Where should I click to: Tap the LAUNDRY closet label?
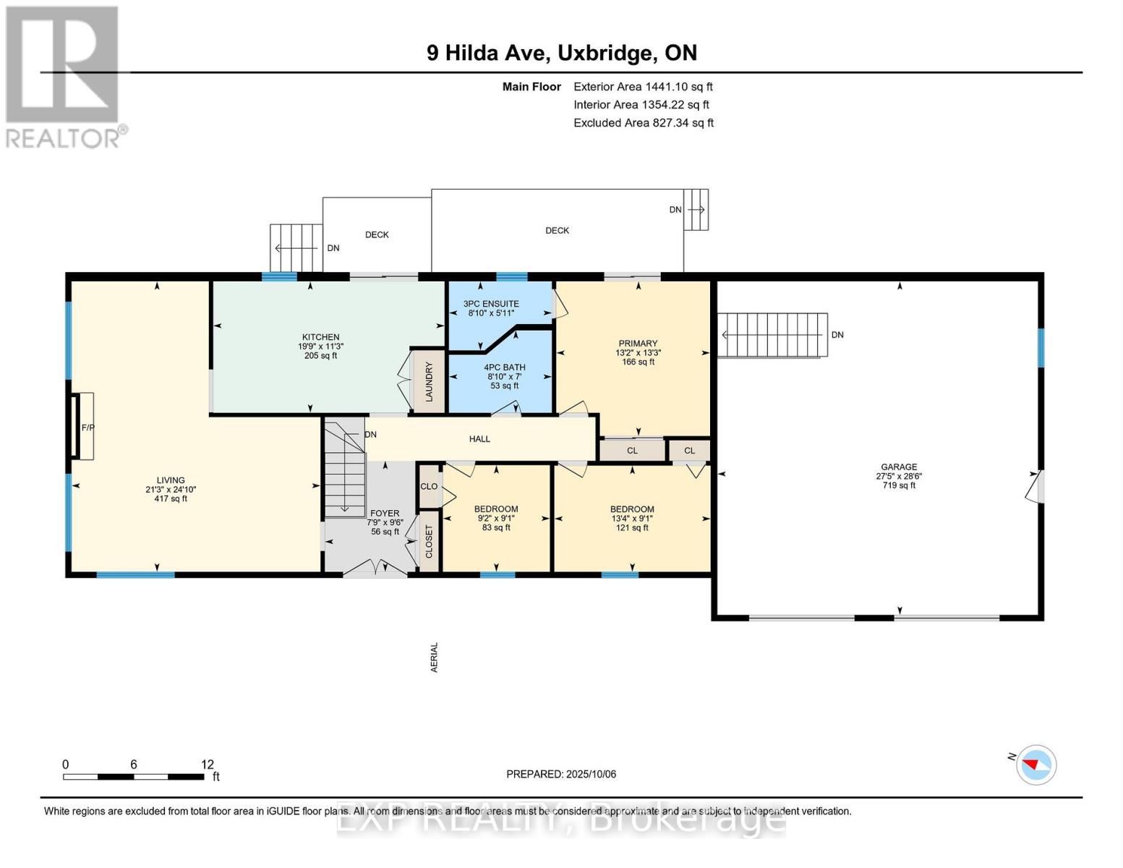(429, 382)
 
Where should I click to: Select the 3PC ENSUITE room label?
(491, 304)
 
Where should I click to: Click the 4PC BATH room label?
(504, 367)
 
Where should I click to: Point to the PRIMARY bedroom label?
(638, 344)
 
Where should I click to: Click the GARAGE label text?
(899, 467)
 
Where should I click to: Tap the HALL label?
(479, 439)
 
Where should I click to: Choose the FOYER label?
(385, 514)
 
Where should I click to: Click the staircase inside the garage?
(772, 335)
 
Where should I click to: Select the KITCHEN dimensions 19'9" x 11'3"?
(320, 346)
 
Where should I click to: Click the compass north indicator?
(1036, 765)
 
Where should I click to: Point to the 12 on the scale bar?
(208, 765)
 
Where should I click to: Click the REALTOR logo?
(63, 76)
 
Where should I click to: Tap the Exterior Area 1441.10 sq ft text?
(643, 87)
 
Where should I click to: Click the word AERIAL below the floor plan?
(435, 658)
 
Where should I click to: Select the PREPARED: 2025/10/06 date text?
(561, 774)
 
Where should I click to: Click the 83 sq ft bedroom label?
(496, 527)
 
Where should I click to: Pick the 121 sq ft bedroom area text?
(632, 527)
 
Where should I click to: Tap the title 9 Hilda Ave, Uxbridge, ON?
(561, 53)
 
